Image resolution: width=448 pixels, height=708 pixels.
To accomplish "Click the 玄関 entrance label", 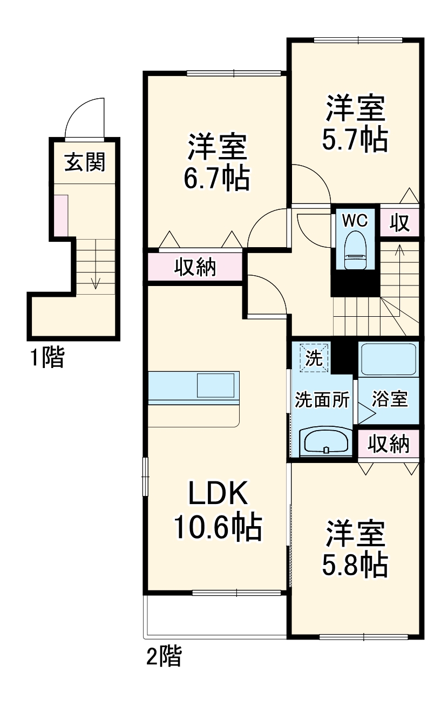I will pos(84,161).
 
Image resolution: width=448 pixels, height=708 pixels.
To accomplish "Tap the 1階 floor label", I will pos(46,358).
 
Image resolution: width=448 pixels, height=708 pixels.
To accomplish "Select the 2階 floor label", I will pos(164,657).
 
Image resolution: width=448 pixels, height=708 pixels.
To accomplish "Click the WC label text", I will pos(355,220).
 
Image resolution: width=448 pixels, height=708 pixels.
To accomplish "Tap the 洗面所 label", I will pos(322,400).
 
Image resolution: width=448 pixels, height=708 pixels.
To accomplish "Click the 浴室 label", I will pos(389,400).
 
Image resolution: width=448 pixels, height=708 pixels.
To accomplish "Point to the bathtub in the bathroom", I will pos(389,359).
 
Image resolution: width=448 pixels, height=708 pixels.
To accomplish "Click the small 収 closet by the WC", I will pos(400,222).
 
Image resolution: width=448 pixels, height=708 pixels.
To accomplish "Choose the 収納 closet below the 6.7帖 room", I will pos(195,267).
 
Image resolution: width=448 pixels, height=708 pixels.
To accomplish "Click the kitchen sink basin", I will pos(216,386).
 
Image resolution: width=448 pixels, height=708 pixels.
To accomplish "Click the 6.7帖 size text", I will pos(216,178).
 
